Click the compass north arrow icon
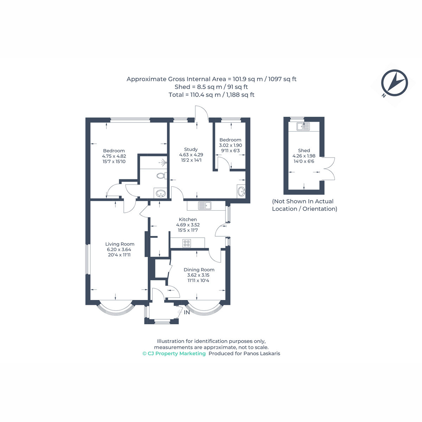tap(394, 83)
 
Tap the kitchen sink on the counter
tap(205, 205)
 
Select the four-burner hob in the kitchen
tap(187, 243)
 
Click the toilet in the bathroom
tap(162, 175)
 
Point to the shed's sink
tap(303, 126)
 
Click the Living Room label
tap(120, 244)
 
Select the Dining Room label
tap(199, 270)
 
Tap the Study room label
tap(191, 149)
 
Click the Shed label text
tap(304, 151)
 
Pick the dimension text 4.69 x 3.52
tap(188, 225)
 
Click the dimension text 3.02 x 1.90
tap(230, 145)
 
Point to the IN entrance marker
tap(187, 313)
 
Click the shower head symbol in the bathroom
tap(164, 162)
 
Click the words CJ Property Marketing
tap(177, 353)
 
